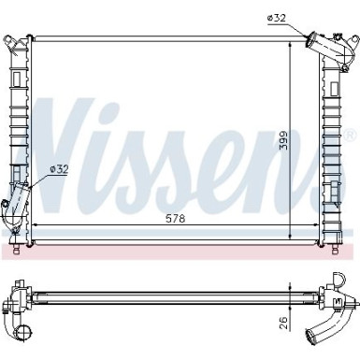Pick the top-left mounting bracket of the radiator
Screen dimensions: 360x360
pos(10,43)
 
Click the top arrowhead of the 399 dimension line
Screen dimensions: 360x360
pos(290,44)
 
